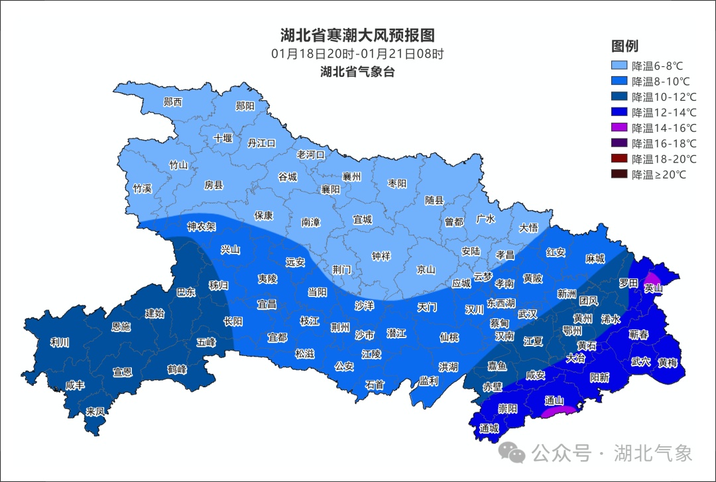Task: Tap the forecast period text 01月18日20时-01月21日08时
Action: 357,54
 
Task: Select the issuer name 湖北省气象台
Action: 357,72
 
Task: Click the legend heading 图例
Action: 625,46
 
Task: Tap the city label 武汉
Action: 528,314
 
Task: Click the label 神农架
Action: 202,226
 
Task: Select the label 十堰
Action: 223,139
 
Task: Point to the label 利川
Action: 60,343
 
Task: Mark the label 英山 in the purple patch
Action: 654,288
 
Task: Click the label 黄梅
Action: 668,363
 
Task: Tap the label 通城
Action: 489,428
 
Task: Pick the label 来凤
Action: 95,411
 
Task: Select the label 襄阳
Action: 330,189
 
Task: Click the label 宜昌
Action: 267,304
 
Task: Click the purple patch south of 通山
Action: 558,412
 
